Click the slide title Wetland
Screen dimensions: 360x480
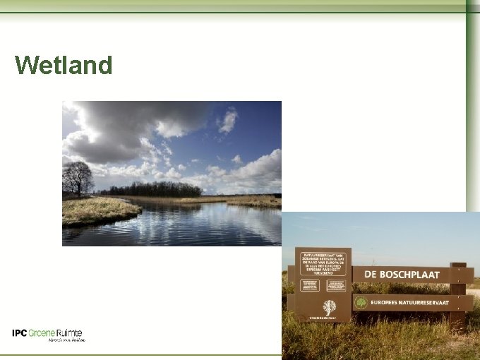[64, 66]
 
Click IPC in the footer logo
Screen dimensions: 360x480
[20, 332]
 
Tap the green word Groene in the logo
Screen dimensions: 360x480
[42, 332]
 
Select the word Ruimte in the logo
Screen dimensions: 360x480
[69, 332]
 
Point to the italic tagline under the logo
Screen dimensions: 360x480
[66, 340]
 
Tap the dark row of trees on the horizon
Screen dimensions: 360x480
[155, 189]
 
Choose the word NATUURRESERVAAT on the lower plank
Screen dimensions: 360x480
[432, 302]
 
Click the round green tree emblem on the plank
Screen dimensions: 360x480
[361, 302]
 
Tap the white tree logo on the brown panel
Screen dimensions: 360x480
[329, 307]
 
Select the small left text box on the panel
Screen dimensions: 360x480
[310, 285]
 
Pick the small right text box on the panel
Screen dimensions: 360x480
[336, 285]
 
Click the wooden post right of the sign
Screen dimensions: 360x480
[458, 296]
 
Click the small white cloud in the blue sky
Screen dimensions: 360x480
[228, 121]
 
